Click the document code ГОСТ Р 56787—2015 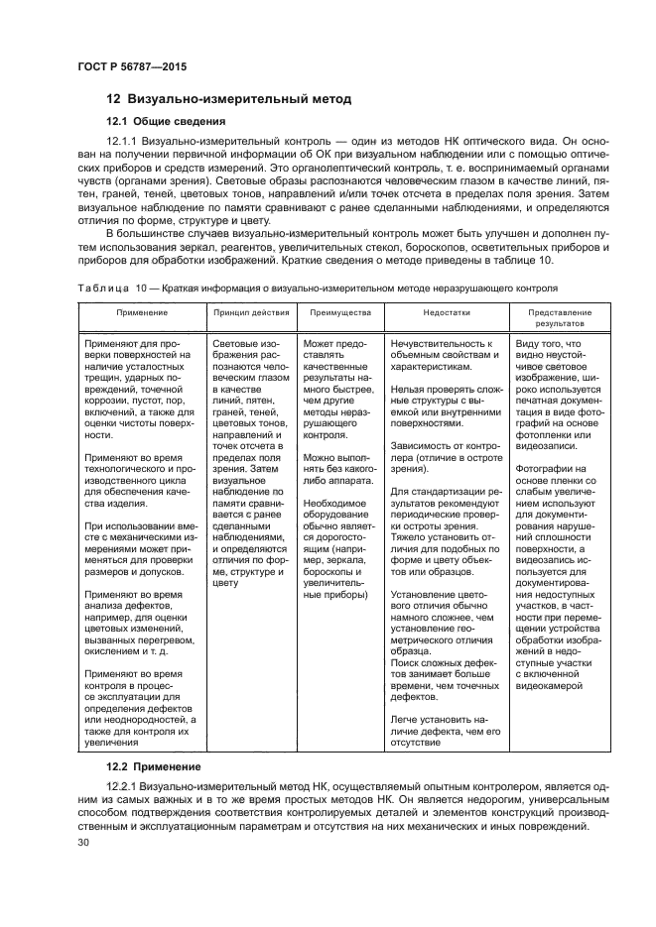tap(131, 65)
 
